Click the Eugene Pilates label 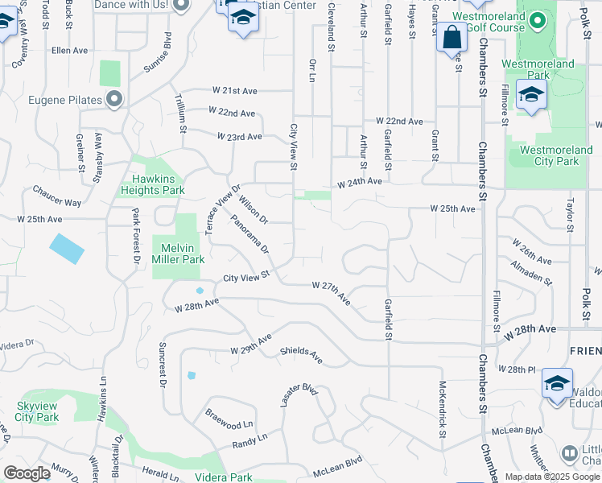tap(65, 100)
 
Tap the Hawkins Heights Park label tap(152, 184)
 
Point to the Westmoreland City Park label tap(550, 155)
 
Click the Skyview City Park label tap(37, 412)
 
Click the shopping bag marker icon tap(451, 37)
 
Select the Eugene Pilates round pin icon tap(114, 100)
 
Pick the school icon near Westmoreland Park tap(531, 95)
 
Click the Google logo tap(27, 473)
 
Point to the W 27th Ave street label tap(332, 292)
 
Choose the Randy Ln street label tap(249, 440)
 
